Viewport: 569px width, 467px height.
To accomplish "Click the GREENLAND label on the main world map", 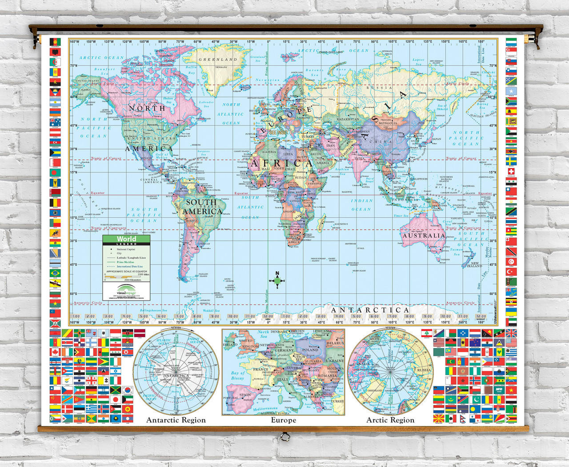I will click(x=218, y=59).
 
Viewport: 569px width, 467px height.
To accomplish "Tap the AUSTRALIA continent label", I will click(x=424, y=235).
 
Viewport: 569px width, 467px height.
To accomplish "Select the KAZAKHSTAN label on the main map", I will click(x=348, y=119).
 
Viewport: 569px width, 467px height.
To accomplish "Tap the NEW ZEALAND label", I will click(x=473, y=264).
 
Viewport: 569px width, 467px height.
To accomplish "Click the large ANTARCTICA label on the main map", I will click(x=370, y=310).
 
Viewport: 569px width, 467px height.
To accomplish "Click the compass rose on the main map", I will click(x=277, y=280).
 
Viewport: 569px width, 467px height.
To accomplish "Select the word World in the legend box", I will click(x=127, y=239).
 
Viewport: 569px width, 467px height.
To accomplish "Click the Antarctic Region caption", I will click(x=176, y=420).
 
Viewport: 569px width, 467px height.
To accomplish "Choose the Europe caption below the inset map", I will click(x=284, y=420).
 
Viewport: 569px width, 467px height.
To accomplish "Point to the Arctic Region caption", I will click(x=390, y=420).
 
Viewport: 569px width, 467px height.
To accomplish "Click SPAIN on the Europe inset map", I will click(x=245, y=394).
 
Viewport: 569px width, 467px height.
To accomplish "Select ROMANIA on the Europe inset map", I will click(x=327, y=375).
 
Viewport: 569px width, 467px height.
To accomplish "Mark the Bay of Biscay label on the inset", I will click(x=238, y=375).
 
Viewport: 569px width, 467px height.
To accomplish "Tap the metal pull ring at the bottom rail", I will click(x=284, y=437).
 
